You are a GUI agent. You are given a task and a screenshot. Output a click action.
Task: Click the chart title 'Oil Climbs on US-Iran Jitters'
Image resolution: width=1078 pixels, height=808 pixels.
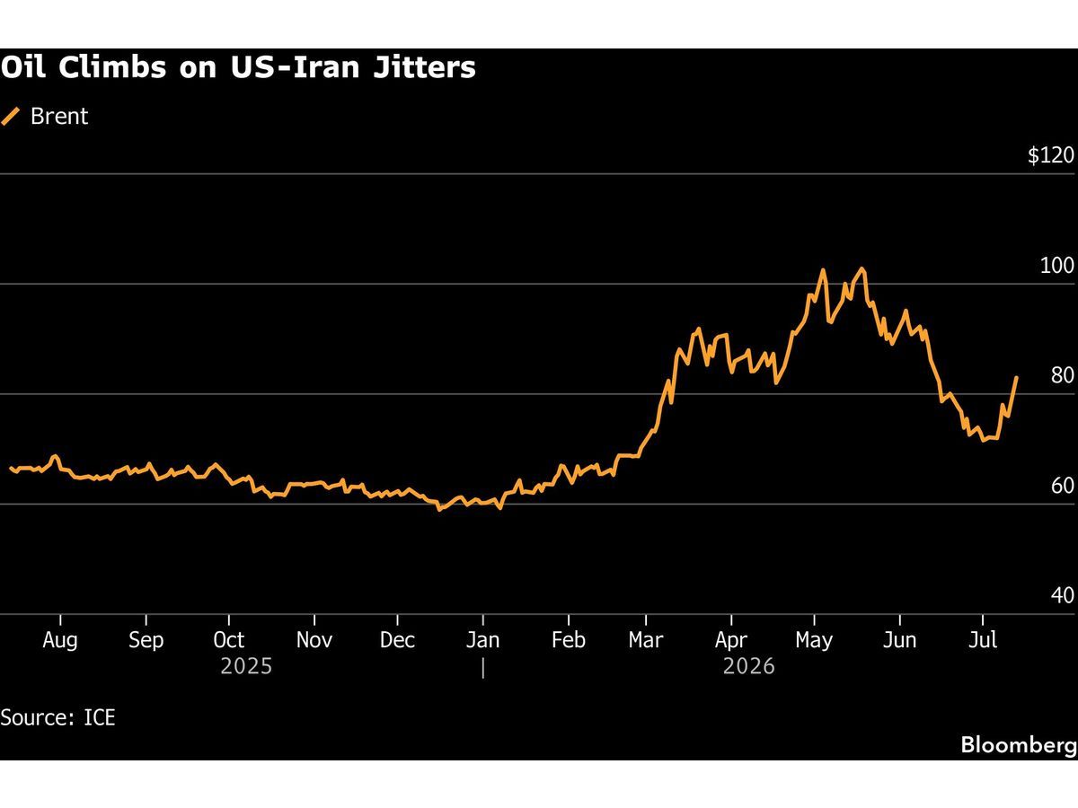click(x=238, y=66)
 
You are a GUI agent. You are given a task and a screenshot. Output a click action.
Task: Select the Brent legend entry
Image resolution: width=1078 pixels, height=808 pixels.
click(x=45, y=117)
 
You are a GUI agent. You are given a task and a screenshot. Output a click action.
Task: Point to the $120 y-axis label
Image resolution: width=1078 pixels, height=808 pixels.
click(x=1050, y=155)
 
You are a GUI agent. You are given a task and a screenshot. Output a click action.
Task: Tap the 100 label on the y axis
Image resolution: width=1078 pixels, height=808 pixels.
click(x=1056, y=266)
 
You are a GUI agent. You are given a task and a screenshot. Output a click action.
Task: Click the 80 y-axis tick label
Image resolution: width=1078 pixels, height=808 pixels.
click(x=1063, y=375)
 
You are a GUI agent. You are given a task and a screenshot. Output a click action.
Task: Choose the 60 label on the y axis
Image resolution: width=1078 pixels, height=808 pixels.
click(x=1063, y=486)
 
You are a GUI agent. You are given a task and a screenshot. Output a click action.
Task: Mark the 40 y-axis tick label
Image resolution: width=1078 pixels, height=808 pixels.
click(x=1063, y=595)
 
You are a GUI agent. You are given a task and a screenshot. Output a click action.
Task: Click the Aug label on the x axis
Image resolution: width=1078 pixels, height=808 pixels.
click(x=60, y=640)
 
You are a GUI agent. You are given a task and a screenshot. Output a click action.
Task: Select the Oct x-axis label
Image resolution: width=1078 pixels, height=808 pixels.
click(x=229, y=640)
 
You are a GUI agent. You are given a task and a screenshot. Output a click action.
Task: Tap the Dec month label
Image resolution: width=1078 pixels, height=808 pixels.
click(x=397, y=640)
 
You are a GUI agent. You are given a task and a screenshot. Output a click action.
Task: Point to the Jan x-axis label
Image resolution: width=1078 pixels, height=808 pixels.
click(x=482, y=640)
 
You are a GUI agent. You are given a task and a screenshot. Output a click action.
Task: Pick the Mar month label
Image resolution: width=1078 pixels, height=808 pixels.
click(x=646, y=640)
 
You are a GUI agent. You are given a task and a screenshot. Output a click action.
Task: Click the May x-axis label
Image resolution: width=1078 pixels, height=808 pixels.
click(x=814, y=641)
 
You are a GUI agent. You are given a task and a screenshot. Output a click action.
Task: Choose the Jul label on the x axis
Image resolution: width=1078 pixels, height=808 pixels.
click(x=983, y=640)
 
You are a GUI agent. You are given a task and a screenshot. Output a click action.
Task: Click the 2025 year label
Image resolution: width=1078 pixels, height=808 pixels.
click(x=246, y=666)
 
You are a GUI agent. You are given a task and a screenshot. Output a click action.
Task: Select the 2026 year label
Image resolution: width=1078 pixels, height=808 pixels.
click(x=748, y=666)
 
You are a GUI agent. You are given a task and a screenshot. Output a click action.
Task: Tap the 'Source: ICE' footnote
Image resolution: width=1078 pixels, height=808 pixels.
click(x=57, y=717)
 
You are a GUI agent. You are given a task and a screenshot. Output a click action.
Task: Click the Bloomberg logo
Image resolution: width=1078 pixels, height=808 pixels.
click(x=1019, y=744)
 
